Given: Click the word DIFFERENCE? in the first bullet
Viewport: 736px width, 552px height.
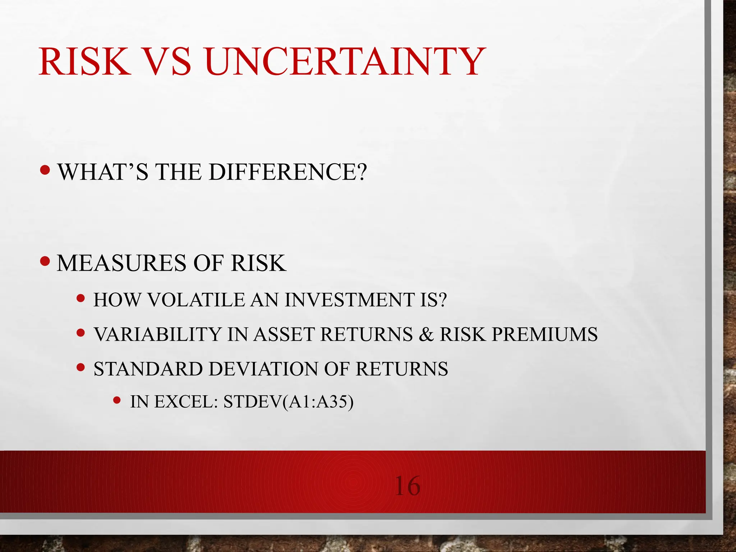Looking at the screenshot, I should coord(287,172).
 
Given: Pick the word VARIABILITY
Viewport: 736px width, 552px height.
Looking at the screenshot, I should coord(157,334).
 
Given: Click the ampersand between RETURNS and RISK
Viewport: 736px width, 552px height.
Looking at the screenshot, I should coord(426,334).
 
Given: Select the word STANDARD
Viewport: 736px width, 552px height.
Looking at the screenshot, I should coord(148,369).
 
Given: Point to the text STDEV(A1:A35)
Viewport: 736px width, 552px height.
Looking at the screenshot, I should coord(288,402).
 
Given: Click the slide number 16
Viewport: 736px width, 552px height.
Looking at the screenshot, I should coord(407,486).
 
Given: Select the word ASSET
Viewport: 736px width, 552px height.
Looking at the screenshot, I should coord(284,334).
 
